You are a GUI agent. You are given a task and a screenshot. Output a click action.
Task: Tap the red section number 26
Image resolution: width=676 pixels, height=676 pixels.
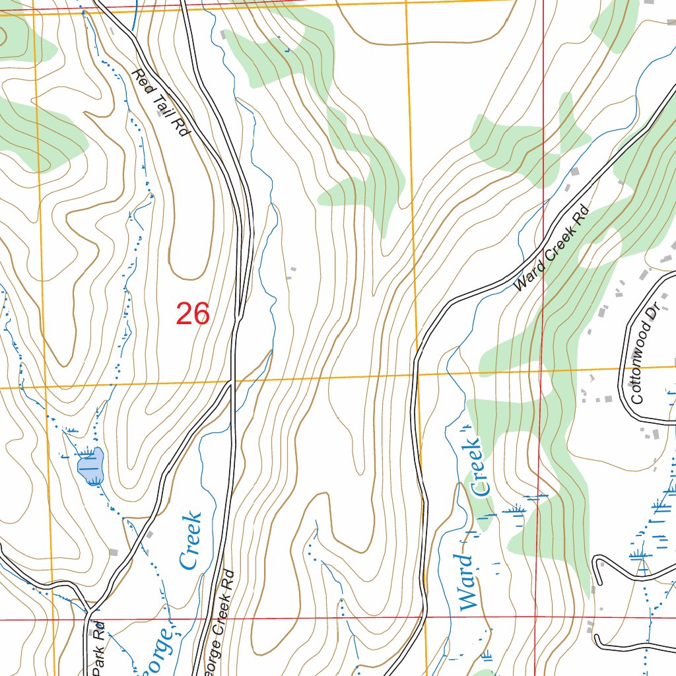coord(192,314)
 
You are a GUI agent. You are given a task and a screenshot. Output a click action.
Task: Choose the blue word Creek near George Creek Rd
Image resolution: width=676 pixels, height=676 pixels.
coord(190,540)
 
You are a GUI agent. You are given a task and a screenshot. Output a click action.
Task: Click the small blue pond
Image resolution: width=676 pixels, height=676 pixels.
coord(91,465)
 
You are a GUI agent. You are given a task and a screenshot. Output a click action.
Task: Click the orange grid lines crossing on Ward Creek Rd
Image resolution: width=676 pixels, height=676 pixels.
coord(417,374)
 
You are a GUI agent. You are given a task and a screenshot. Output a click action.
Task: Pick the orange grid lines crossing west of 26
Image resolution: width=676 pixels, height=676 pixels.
coord(43,387)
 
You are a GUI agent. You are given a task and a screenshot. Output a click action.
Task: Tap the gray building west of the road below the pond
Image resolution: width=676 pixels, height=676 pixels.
coord(113,551)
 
